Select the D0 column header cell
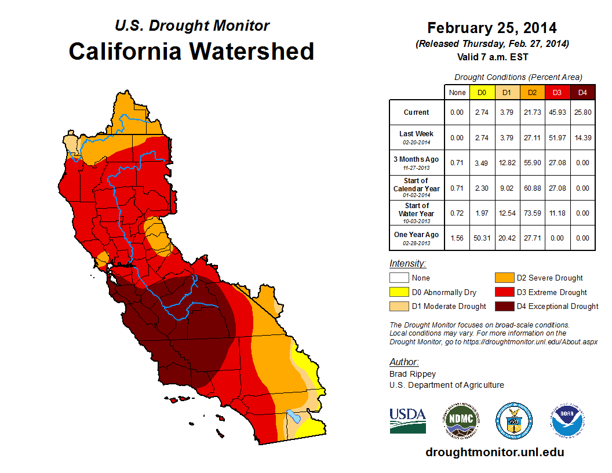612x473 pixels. pyautogui.click(x=482, y=92)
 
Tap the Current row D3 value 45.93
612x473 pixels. pyautogui.click(x=556, y=112)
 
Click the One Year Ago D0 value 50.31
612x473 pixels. pyautogui.click(x=482, y=238)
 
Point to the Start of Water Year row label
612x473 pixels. pyautogui.click(x=417, y=213)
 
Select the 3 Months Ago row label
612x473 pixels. pyautogui.click(x=417, y=162)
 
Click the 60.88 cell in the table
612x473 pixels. pyautogui.click(x=531, y=188)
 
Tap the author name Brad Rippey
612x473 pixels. pyautogui.click(x=413, y=374)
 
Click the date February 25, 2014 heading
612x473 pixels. pyautogui.click(x=492, y=28)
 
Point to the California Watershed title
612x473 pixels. pyautogui.click(x=191, y=51)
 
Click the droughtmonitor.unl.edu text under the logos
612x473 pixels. pyautogui.click(x=494, y=452)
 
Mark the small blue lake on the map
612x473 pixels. pyautogui.click(x=294, y=416)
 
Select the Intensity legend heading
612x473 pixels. pyautogui.click(x=407, y=263)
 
